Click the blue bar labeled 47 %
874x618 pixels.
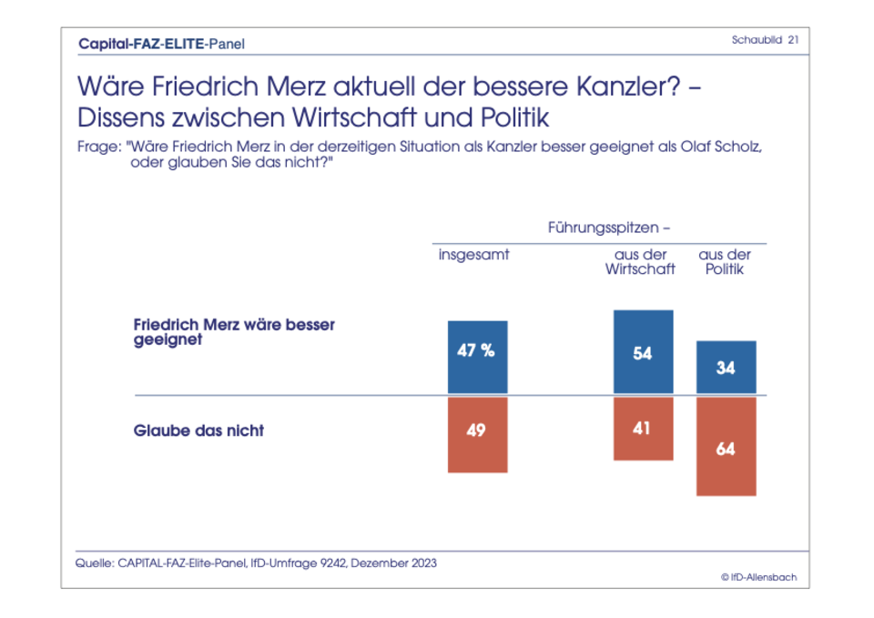pos(477,358)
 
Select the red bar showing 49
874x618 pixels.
pos(477,434)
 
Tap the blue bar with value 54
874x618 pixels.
pos(643,353)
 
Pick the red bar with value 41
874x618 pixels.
pos(643,428)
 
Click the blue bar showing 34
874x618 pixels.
pos(726,368)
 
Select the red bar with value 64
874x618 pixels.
pos(726,446)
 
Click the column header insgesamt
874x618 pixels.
pos(473,255)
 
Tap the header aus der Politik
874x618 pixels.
pos(725,262)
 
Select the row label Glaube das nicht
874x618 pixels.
pos(198,431)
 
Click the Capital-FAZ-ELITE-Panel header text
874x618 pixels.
pos(161,43)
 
